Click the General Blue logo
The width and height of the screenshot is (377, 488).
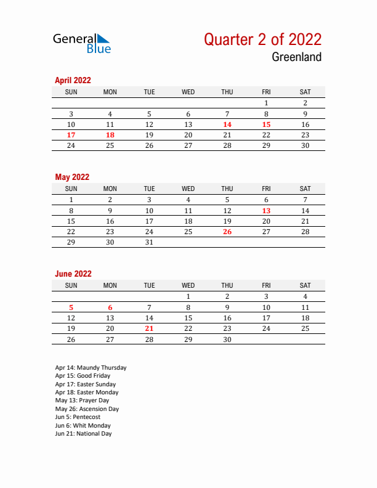click(x=82, y=43)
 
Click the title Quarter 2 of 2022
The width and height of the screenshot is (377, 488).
click(x=262, y=39)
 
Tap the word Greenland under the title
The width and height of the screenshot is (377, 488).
click(x=296, y=57)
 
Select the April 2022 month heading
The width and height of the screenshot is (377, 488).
click(x=73, y=80)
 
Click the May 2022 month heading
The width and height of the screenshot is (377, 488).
click(x=72, y=177)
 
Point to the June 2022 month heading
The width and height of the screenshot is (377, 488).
click(x=73, y=274)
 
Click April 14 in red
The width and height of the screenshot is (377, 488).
click(x=227, y=124)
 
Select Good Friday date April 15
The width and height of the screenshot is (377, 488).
click(x=266, y=124)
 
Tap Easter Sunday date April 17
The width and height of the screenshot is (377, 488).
click(x=71, y=135)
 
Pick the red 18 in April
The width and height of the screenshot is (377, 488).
click(x=110, y=135)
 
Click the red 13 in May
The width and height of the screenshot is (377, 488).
click(x=266, y=211)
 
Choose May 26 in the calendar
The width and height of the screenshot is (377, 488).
click(x=227, y=232)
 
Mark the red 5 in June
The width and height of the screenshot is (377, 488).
click(x=71, y=307)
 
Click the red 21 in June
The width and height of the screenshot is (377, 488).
click(x=149, y=329)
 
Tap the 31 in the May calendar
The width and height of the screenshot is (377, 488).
click(x=149, y=243)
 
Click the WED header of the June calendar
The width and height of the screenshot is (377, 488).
click(x=188, y=285)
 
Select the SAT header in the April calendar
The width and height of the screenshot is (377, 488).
click(x=305, y=92)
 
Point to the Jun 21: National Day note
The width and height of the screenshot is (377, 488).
click(x=83, y=434)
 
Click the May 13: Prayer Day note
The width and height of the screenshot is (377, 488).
click(x=82, y=401)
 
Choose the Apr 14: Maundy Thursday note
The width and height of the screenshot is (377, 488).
click(x=91, y=368)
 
